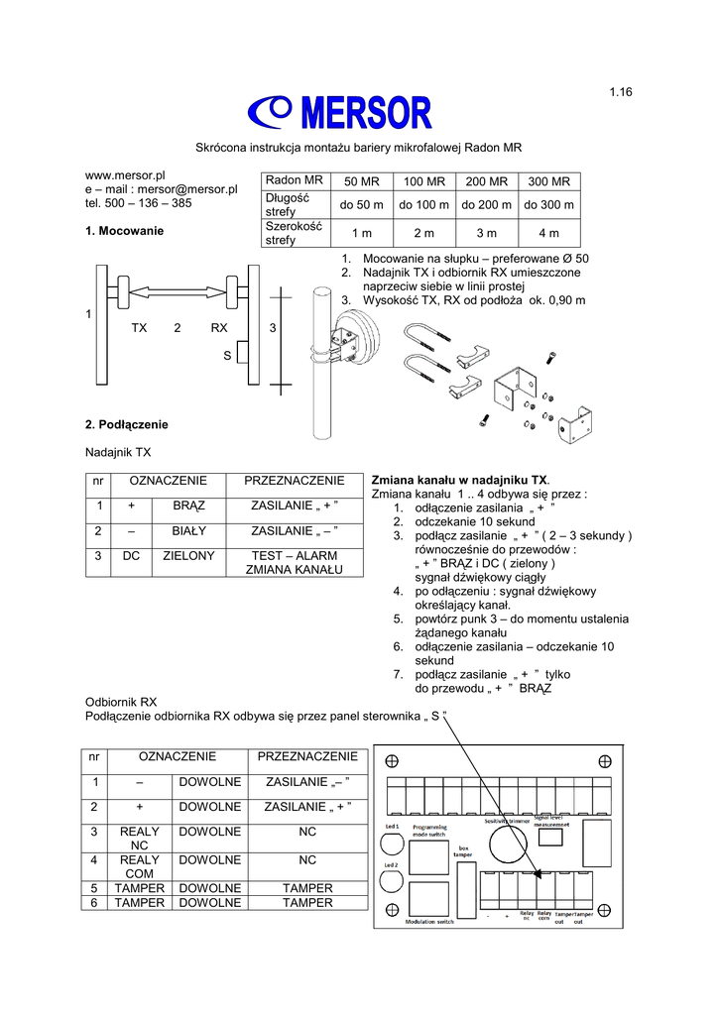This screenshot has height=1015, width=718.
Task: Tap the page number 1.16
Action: click(621, 92)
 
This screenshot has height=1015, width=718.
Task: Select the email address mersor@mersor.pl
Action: click(188, 188)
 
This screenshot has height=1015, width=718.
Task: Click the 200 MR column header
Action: click(486, 182)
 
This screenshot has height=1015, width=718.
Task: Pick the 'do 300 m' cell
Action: click(548, 205)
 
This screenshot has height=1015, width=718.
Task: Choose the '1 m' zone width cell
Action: click(361, 233)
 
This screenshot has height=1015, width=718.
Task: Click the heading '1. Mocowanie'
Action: click(125, 231)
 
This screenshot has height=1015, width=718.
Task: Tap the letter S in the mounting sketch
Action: click(227, 354)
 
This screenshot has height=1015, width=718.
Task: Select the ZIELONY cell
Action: click(188, 556)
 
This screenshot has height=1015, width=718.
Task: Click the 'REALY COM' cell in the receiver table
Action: click(139, 867)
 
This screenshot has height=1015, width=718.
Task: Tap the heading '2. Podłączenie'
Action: click(127, 424)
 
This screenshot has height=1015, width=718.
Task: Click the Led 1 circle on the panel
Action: click(392, 845)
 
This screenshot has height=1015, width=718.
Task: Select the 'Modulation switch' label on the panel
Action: click(429, 922)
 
